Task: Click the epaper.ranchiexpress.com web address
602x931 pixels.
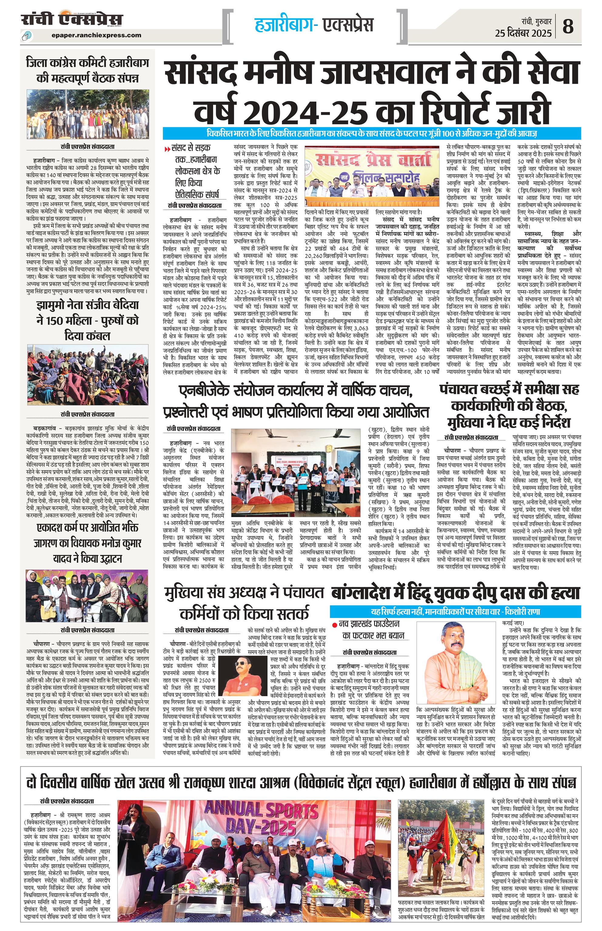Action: coord(96,35)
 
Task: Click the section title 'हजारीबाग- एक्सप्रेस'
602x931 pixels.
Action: coord(314,24)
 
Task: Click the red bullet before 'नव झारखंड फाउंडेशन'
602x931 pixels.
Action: coord(335,623)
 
